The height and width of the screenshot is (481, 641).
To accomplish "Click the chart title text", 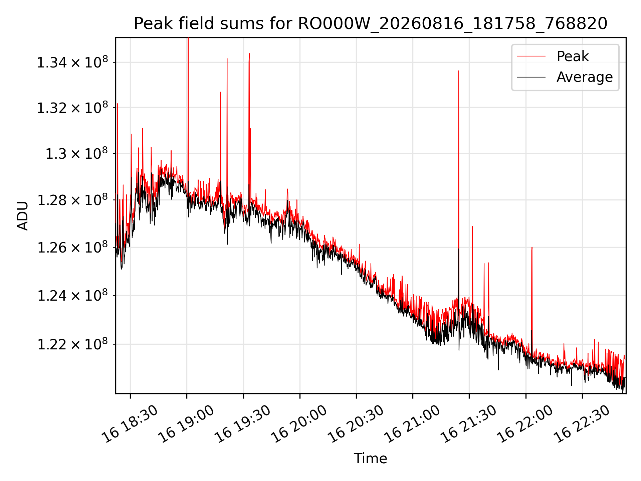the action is (x=371, y=24).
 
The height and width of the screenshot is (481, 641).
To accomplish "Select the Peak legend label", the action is (x=573, y=56).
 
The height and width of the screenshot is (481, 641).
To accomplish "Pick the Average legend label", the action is (x=585, y=77).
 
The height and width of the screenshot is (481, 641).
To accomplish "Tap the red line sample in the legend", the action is (x=531, y=56).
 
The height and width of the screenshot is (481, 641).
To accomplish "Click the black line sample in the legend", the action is (x=531, y=77).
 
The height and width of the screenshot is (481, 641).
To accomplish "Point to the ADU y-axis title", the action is (x=23, y=215).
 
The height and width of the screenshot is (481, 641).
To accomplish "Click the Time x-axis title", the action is (x=371, y=458).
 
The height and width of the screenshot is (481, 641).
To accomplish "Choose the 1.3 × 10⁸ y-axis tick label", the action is (x=77, y=153).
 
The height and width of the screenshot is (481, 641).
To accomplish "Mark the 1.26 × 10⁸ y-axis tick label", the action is (x=72, y=247).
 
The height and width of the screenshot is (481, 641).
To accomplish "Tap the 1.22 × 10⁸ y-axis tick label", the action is (x=72, y=344).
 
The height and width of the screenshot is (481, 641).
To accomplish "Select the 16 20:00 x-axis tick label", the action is (x=299, y=424).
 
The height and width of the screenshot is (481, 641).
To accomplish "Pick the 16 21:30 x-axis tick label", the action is (x=469, y=424).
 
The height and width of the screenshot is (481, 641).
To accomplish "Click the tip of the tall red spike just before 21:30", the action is (x=459, y=71).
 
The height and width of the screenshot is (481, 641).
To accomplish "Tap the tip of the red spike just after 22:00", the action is (x=532, y=247).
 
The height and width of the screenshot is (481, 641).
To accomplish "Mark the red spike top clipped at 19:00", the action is (x=188, y=38).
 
